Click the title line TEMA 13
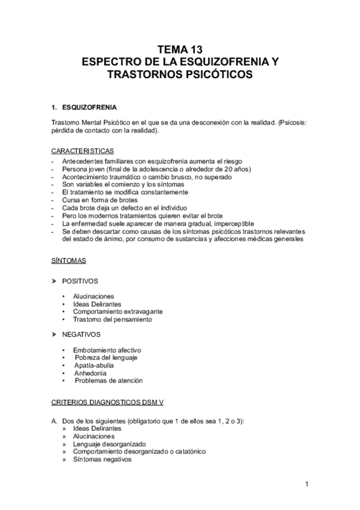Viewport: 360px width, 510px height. pos(180,50)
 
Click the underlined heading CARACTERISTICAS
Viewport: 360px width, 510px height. pos(84,150)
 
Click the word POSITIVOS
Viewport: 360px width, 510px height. pos(81,281)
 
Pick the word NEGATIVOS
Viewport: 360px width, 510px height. pos(82,334)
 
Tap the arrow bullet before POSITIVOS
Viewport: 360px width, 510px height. pos(55,281)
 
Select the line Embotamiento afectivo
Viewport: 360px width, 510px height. pos(107,349)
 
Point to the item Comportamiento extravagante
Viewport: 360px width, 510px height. pos(118,312)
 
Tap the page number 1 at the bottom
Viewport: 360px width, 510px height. pos(306,484)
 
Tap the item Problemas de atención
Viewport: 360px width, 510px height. pos(109,381)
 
